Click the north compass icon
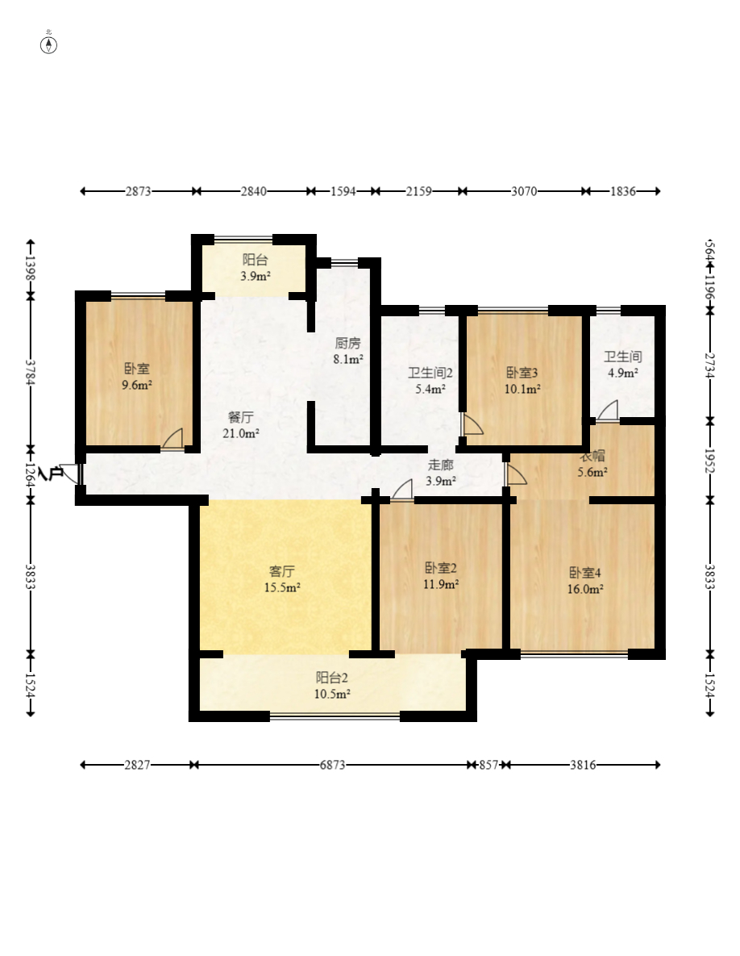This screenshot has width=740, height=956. coord(48,44)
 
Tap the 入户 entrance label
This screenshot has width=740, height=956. coord(51,474)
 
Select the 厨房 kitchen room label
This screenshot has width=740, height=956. coord(347,344)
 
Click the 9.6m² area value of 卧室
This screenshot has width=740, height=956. coord(137,386)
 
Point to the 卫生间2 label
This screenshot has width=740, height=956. coord(430,374)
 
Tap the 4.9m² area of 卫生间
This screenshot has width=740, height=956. coord(623,374)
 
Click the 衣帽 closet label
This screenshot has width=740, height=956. coord(592,456)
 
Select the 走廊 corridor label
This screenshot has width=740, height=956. coord(440,465)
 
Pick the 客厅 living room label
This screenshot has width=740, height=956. coord(282,572)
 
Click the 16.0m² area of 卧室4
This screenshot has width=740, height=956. coord(585,590)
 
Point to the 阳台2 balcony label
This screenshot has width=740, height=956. coord(332,678)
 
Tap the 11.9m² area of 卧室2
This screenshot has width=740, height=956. coord(441,585)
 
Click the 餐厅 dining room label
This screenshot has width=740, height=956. coord(241,418)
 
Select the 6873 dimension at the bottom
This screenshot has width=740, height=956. coord(333,765)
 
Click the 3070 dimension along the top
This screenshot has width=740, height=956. coord(524,191)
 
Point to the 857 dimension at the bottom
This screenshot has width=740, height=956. coord(488,765)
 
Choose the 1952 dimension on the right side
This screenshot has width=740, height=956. coord(709,461)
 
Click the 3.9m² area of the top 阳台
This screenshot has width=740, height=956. coord(256,276)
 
